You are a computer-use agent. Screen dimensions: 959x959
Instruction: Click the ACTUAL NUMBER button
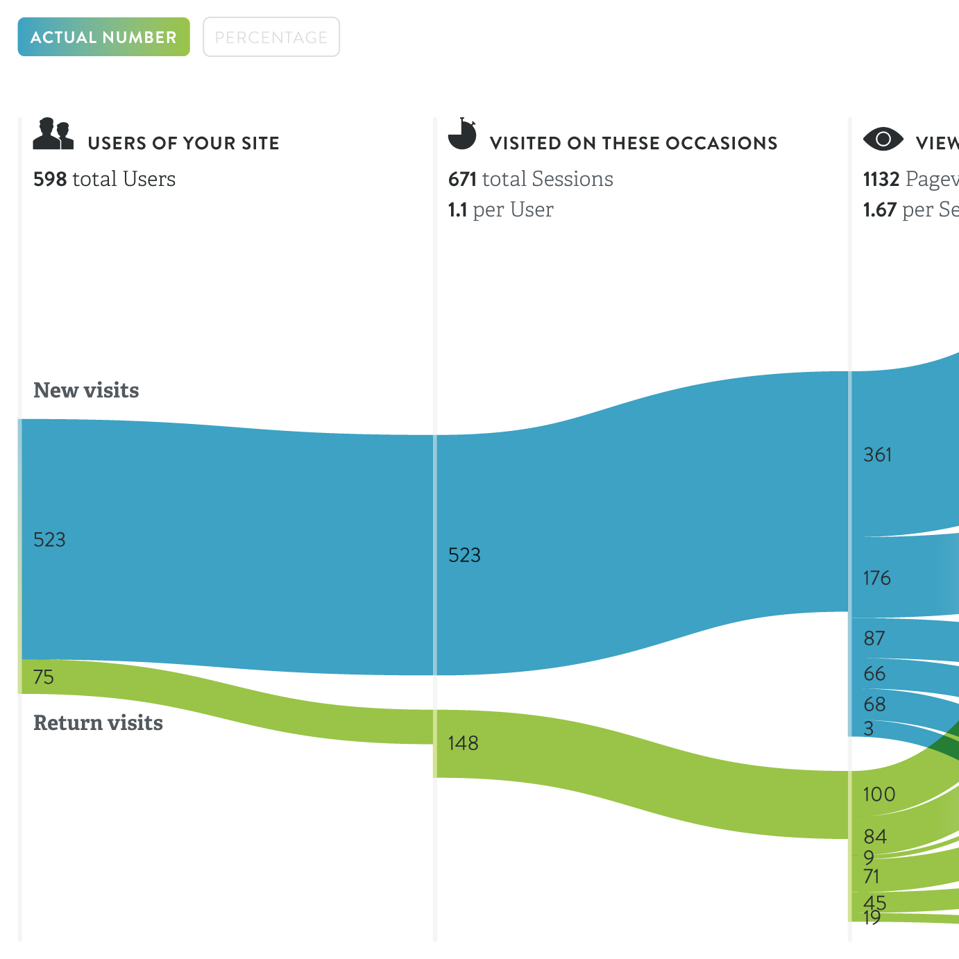(103, 37)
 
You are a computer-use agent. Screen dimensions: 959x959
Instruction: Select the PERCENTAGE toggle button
(271, 37)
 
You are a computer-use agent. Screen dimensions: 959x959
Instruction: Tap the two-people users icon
(53, 134)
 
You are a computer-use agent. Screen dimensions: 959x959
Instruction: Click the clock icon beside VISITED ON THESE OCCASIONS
(462, 134)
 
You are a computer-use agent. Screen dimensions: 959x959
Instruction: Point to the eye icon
(883, 139)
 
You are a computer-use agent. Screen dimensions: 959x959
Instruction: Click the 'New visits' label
(86, 390)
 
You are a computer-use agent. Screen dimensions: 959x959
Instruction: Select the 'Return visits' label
(98, 722)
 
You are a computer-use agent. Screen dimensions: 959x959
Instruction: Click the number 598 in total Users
(50, 179)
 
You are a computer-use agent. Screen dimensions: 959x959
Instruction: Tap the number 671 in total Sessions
(462, 179)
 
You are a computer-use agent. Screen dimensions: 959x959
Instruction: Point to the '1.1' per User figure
(457, 210)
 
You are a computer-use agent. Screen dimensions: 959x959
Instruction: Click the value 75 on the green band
(43, 677)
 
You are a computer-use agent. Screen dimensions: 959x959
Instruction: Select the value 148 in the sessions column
(463, 743)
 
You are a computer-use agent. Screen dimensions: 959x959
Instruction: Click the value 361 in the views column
(877, 455)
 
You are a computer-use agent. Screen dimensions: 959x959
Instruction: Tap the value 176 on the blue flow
(876, 578)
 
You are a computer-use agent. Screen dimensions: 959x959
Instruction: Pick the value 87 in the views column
(874, 638)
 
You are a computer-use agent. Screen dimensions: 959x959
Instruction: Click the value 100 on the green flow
(879, 794)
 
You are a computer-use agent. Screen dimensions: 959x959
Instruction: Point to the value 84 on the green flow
(874, 836)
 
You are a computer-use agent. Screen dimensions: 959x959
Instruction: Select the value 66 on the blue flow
(874, 674)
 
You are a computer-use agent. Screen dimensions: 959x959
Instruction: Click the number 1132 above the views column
(881, 179)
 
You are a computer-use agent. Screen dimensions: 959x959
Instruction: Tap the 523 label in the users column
(49, 539)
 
